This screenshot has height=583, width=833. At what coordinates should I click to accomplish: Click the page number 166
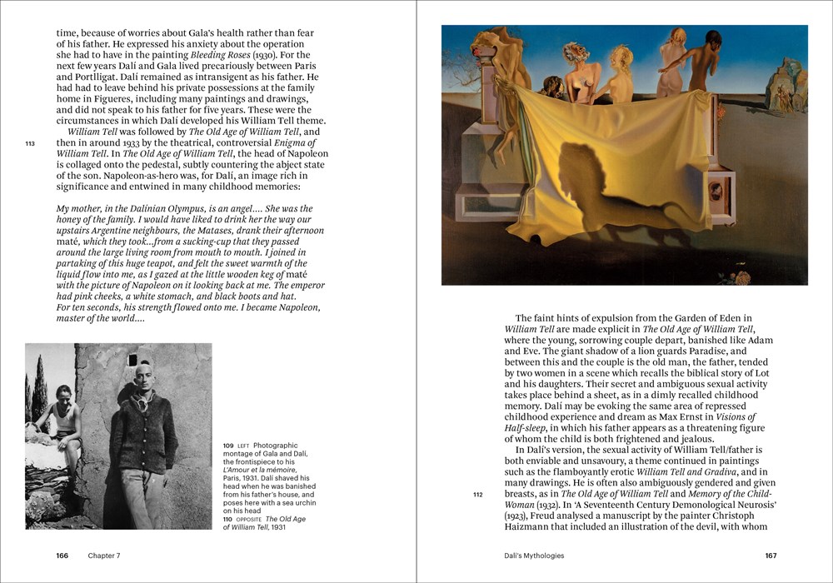[62, 556]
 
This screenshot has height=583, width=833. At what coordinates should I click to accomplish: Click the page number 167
[771, 556]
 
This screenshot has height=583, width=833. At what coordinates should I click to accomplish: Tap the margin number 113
[31, 143]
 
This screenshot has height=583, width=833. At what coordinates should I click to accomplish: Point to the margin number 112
[477, 495]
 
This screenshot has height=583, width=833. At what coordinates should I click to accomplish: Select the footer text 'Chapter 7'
[104, 556]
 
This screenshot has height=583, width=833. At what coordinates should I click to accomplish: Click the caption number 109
[227, 446]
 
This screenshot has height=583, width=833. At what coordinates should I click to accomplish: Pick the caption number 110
[227, 519]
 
